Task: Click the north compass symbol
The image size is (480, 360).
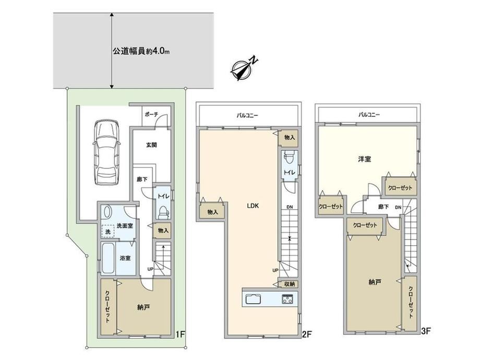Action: coord(243,69)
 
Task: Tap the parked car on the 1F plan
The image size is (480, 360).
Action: coord(106,152)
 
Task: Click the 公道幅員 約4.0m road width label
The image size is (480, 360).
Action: coord(140,51)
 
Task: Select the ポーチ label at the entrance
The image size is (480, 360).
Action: coord(151,114)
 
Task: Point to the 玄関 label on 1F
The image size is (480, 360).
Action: coord(151,145)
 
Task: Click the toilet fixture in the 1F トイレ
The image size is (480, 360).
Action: coord(164,211)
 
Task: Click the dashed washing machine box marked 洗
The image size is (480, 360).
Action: coord(108,231)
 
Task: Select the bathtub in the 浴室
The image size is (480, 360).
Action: coord(108,259)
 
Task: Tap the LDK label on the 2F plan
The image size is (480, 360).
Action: coord(253,206)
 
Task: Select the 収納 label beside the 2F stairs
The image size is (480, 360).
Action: coord(289,284)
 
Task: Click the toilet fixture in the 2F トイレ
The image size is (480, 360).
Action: coord(288,159)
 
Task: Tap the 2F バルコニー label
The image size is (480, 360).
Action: coord(247,115)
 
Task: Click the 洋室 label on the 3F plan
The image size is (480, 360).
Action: coord(365,159)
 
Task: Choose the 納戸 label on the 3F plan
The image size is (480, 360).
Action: coord(375,282)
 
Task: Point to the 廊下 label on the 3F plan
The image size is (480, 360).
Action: coord(383,207)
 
